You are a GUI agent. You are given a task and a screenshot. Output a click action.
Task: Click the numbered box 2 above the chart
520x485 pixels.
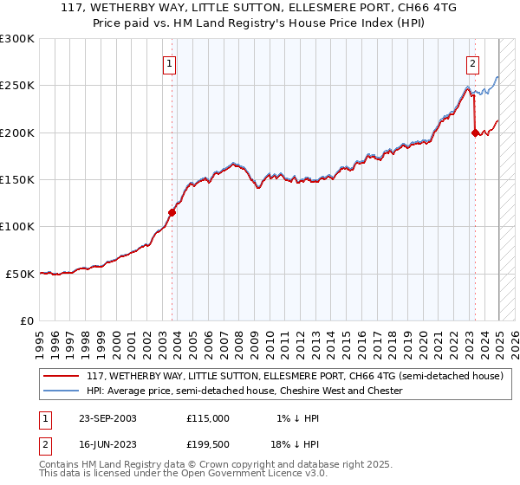coord(472,62)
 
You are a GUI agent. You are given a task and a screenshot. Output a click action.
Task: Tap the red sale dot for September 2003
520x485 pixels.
coord(172,211)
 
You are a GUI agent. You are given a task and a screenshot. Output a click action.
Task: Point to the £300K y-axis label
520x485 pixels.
coord(17,39)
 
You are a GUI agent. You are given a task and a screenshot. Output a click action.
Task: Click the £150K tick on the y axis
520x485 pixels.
coord(17,179)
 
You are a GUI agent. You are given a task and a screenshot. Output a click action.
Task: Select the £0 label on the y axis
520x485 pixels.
coord(27,320)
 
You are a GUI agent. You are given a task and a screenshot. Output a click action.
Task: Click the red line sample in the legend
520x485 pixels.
coord(62,377)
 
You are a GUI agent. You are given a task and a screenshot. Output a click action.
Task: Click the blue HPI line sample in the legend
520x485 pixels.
coord(62,391)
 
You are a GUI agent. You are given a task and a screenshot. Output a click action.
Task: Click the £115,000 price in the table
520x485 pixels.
coord(208,418)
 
